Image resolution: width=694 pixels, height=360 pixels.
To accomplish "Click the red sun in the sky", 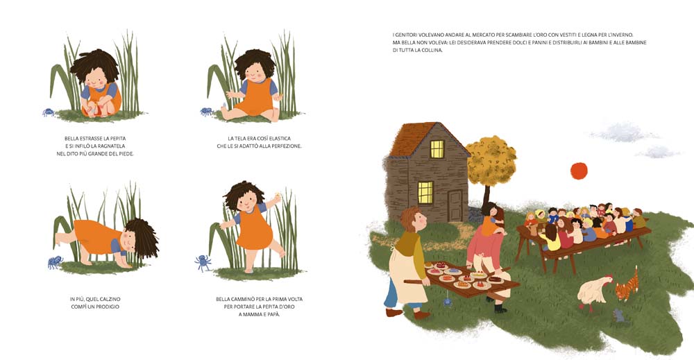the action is pos(579,171).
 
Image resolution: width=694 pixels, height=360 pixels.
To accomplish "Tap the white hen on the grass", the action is pos(594,291).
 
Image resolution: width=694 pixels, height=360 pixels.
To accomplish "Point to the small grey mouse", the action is pos(618,316).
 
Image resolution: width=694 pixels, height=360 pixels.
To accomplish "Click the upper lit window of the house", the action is pos(437,149).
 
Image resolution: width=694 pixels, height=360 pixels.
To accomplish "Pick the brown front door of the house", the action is pos(454,205).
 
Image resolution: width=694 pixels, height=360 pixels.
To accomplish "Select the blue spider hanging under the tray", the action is pos(448,302).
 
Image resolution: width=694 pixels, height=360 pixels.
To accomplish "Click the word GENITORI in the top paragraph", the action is pos(405,35).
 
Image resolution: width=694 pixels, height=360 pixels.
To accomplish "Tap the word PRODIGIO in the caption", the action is pos(108,307).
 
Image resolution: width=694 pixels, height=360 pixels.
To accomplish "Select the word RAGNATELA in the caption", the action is pos(112,146).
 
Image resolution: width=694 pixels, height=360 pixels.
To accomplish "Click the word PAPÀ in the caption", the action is pos(273,314).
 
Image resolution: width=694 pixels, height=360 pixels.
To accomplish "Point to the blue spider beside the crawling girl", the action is pos(55,262).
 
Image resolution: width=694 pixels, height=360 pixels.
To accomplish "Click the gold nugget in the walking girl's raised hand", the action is pos(277,194).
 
